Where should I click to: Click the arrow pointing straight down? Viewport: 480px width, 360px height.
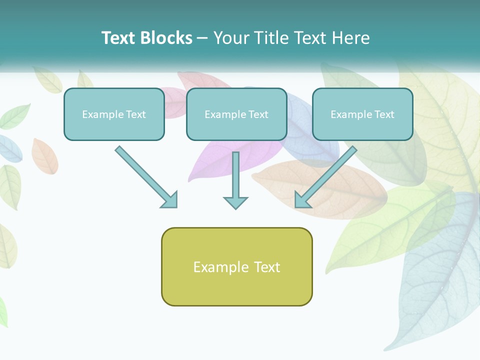235,180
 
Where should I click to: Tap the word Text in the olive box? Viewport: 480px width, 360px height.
266,267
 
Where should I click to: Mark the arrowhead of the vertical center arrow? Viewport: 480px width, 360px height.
235,202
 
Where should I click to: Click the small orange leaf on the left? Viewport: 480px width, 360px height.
44,156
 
